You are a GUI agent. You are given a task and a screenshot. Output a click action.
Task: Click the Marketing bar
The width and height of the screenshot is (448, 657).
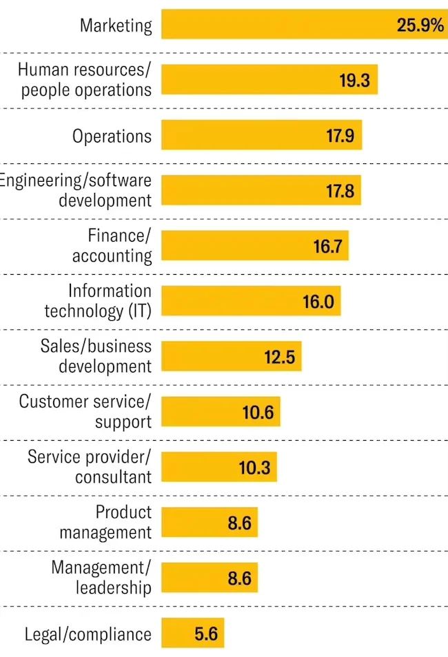click(276, 25)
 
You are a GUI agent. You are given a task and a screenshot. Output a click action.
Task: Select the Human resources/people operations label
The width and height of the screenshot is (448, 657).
click(85, 80)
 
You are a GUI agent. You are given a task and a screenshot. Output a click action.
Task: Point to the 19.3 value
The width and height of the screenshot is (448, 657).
click(354, 81)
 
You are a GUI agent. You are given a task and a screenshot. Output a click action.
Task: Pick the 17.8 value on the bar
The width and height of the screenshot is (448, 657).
click(340, 191)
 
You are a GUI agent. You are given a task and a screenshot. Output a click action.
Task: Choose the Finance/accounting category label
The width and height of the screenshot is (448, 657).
click(112, 246)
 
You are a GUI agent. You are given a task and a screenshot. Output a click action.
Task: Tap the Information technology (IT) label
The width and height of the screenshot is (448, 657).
click(98, 301)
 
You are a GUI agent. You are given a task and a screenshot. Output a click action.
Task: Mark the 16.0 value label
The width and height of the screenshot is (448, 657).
click(318, 301)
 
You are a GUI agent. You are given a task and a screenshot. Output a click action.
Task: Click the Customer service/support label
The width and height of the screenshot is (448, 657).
click(85, 411)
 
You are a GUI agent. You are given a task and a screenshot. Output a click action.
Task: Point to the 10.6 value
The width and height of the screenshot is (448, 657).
click(258, 412)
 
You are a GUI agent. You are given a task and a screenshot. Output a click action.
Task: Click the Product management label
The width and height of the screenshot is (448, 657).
click(105, 522)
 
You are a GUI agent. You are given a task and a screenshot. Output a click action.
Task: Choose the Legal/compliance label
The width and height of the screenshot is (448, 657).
click(88, 634)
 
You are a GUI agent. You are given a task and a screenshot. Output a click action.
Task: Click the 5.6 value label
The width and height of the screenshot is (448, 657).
click(206, 634)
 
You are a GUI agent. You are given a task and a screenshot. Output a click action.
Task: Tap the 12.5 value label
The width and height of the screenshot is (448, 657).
click(279, 357)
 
